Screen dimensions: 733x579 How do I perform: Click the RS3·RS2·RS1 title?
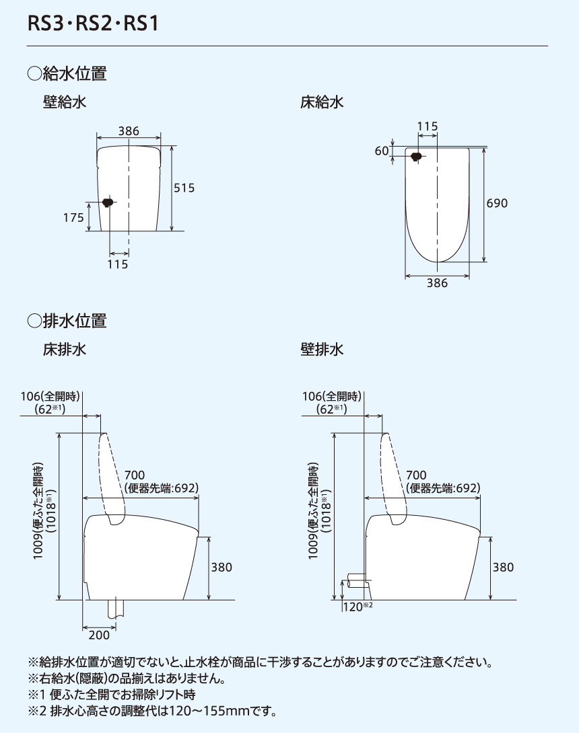tap(93, 24)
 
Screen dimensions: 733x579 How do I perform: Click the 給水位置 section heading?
tap(67, 73)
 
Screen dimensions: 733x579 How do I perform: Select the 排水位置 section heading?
tap(67, 321)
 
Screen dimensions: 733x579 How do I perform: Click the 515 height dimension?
tap(184, 188)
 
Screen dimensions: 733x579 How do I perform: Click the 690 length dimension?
tap(497, 203)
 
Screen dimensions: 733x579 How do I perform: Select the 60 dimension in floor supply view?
tap(382, 151)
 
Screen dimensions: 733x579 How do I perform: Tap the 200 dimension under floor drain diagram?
tap(98, 635)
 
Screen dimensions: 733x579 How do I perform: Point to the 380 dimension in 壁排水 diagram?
tap(502, 568)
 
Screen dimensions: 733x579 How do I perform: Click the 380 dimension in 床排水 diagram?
tap(221, 568)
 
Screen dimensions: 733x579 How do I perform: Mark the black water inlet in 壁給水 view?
tap(106, 202)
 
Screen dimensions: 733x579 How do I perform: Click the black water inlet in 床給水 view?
tap(416, 157)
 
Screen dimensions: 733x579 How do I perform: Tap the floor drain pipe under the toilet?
tap(116, 609)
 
